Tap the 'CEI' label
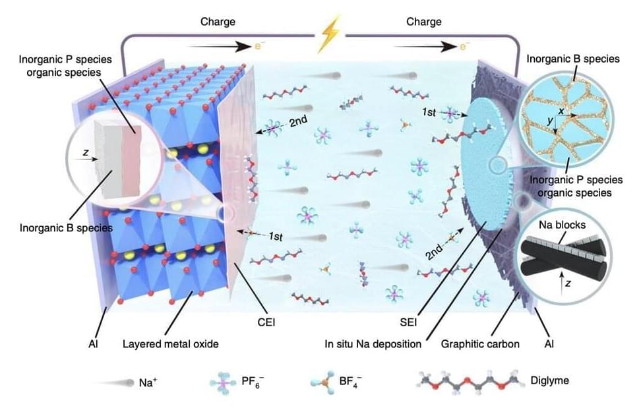click(266, 323)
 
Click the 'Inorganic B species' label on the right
click(573, 59)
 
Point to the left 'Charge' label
click(218, 22)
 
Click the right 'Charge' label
click(423, 22)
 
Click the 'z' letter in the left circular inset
click(86, 152)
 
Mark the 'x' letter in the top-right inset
click(561, 112)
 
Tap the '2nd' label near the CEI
click(299, 122)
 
